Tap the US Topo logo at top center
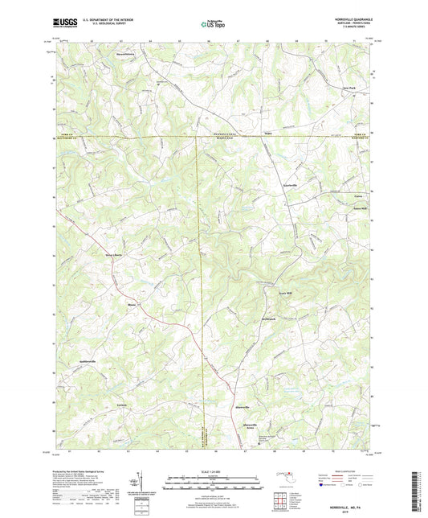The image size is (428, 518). [x=213, y=24]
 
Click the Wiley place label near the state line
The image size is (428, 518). [x=270, y=134]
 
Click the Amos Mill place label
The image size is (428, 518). [x=360, y=208]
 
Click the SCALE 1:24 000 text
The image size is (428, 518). [x=214, y=472]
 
